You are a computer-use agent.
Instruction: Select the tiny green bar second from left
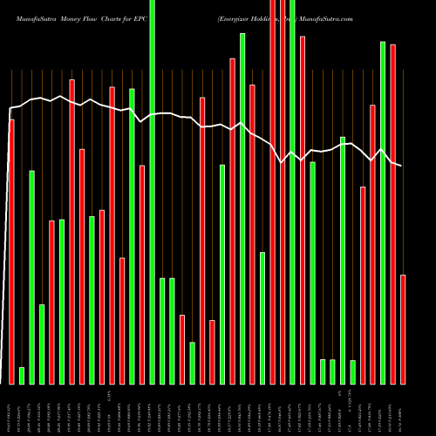(22, 375)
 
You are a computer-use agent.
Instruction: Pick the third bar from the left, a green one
(32, 276)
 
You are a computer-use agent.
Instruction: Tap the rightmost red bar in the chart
(403, 329)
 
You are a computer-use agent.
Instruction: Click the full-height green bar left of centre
(153, 192)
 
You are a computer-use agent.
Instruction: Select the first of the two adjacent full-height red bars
(273, 192)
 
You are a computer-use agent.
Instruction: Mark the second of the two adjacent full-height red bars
(283, 192)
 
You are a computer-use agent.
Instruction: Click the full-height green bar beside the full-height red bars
(293, 192)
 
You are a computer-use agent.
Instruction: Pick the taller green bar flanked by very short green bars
(343, 260)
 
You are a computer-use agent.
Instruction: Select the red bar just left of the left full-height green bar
(142, 274)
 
